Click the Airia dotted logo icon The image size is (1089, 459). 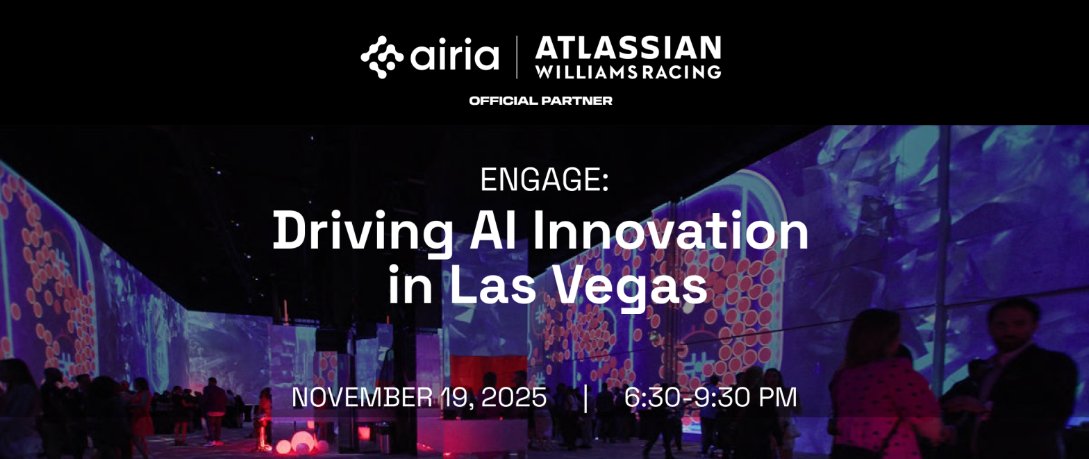point(382,57)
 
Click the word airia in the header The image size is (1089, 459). point(454,57)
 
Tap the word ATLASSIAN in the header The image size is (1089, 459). point(628,48)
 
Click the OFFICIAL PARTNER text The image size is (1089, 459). point(540,101)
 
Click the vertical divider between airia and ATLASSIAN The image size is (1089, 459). point(517,57)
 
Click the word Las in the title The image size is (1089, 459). point(490,285)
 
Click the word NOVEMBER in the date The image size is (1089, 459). point(360,397)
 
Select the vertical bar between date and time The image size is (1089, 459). point(586,398)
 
